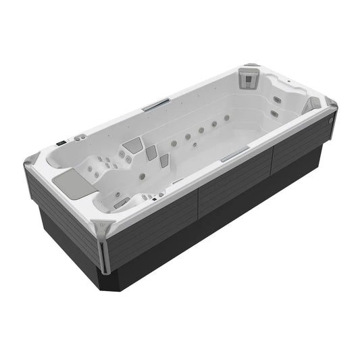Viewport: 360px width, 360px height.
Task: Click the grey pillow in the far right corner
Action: click(x=313, y=104)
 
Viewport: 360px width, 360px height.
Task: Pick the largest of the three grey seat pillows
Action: click(x=133, y=145)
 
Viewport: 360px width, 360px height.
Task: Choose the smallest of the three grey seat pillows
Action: click(x=164, y=160)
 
